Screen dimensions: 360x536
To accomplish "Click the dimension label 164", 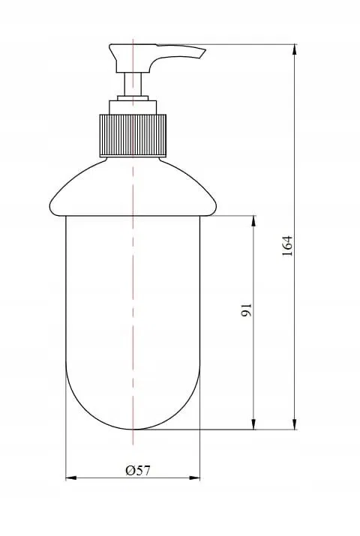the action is point(287,246).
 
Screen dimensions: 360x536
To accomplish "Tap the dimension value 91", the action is point(247,310).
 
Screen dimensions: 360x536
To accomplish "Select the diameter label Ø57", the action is point(138,471).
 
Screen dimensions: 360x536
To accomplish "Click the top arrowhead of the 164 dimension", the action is point(295,49).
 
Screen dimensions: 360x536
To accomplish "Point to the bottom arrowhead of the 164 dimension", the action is point(295,424).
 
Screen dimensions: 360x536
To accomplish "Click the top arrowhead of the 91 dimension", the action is point(253,221).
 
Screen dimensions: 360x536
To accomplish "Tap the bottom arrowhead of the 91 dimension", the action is point(253,424).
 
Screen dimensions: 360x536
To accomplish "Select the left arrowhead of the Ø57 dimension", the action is point(70,478).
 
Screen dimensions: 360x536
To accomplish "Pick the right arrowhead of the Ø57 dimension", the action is point(194,478).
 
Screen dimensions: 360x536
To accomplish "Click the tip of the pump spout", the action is point(205,50).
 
